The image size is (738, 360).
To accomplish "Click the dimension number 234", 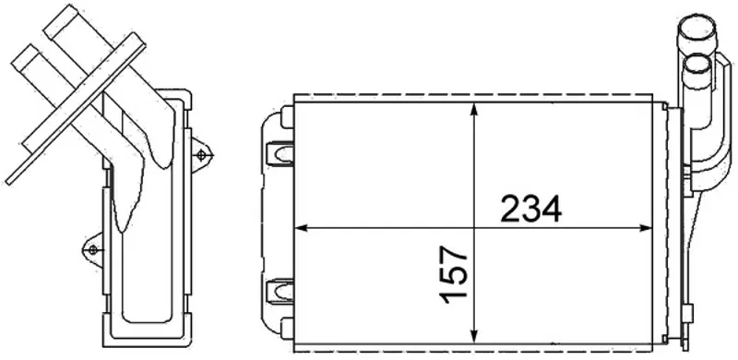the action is (x=530, y=209).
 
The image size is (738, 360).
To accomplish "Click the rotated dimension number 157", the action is (x=454, y=274).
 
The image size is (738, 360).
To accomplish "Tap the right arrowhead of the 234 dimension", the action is (x=646, y=228).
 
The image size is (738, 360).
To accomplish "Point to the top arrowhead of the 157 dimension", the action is (x=474, y=110).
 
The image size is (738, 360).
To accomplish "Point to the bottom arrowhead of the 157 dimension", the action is (x=474, y=336).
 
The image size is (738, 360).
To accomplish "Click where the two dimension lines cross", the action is (x=474, y=228).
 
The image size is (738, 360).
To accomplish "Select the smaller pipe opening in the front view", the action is (x=696, y=65).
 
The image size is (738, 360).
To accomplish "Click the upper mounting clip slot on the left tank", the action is (x=280, y=153).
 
